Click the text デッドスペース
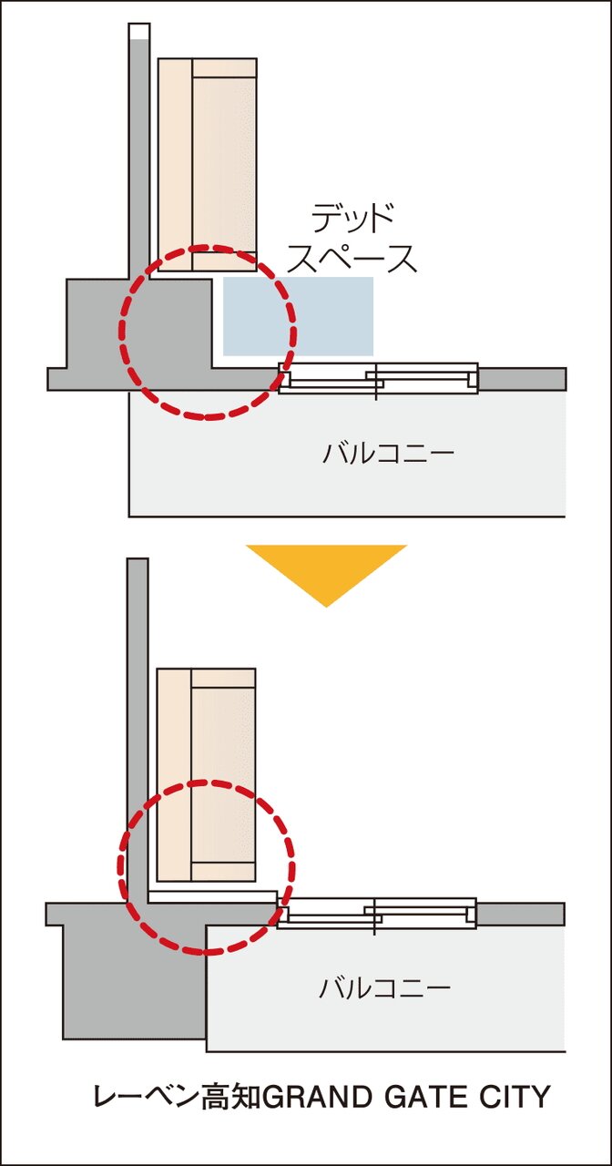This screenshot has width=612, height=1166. click(352, 239)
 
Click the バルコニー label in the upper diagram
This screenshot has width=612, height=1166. click(388, 453)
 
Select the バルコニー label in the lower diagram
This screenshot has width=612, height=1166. click(384, 987)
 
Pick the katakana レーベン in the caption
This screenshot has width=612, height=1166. click(147, 1080)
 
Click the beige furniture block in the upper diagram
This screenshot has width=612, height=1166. click(207, 165)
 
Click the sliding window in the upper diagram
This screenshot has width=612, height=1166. click(378, 378)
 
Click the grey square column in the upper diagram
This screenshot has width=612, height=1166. click(139, 323)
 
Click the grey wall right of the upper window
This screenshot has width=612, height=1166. click(523, 379)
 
